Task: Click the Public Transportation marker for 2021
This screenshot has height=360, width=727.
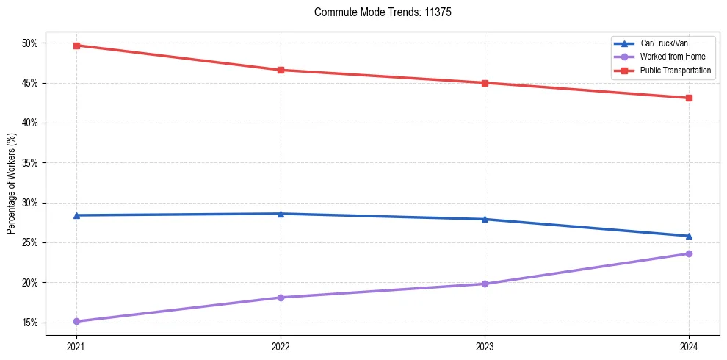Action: tap(76, 46)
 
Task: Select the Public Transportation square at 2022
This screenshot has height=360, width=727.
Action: tap(281, 70)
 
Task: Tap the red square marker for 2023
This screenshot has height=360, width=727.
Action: tap(485, 83)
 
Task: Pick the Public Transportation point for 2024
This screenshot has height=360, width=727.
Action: tap(689, 98)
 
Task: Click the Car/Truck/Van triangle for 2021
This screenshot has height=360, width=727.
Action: tap(76, 215)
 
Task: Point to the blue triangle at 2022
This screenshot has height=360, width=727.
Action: tap(281, 214)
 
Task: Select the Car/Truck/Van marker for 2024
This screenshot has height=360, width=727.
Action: tap(689, 236)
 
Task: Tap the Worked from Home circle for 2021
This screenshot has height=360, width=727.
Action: tap(76, 321)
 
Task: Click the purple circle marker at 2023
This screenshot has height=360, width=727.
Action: tap(485, 284)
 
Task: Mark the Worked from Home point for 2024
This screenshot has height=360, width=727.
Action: tap(689, 253)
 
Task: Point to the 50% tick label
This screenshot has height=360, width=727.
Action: tap(29, 43)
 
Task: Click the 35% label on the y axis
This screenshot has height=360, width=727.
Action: tap(29, 163)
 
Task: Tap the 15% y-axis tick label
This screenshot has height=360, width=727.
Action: tap(29, 323)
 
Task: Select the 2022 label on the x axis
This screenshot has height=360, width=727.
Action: tap(281, 345)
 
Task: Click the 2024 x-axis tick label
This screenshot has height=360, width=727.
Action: tap(689, 345)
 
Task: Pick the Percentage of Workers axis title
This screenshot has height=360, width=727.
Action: tap(12, 183)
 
